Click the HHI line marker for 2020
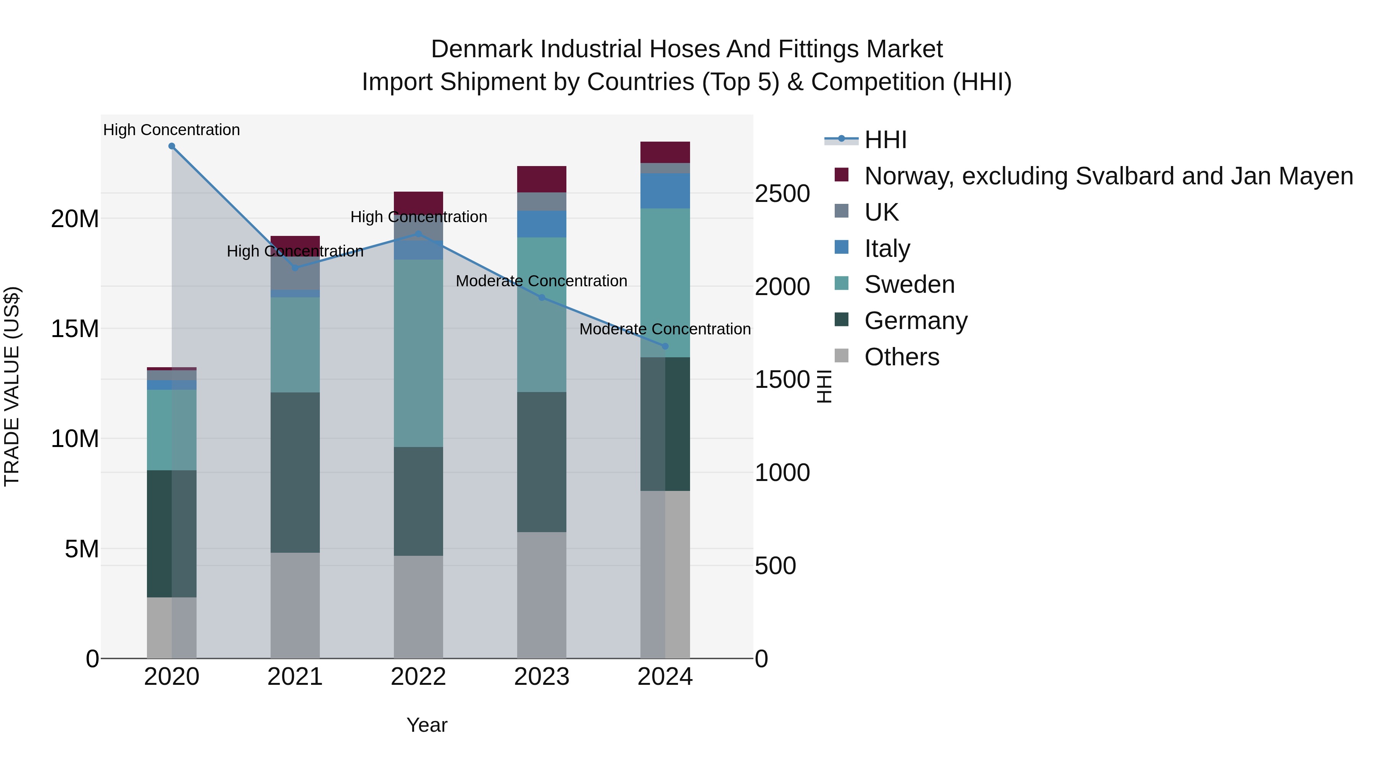(172, 146)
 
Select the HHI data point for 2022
(419, 234)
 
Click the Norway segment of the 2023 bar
(541, 179)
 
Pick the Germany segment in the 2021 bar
(295, 472)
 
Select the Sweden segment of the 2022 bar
(419, 353)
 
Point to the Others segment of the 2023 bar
(541, 595)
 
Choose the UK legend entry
(881, 212)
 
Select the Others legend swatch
(841, 356)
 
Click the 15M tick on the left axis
(75, 329)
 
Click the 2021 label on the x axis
(295, 677)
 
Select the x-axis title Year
(427, 725)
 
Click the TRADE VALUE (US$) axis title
(12, 386)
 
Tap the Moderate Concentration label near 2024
(664, 329)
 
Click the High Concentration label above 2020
(172, 130)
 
